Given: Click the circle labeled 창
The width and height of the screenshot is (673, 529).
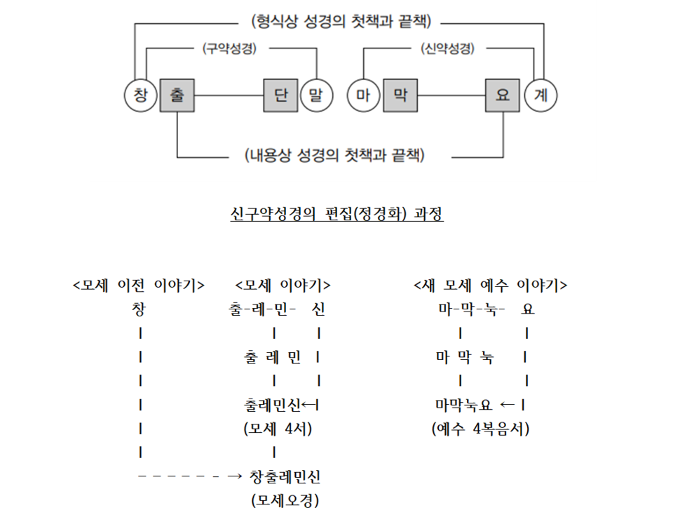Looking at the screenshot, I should click(141, 95).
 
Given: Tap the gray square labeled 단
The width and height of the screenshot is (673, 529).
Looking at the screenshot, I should click(281, 95).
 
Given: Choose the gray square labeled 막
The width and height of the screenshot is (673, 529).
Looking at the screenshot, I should click(400, 95).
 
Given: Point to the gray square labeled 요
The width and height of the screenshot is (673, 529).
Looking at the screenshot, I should click(503, 95).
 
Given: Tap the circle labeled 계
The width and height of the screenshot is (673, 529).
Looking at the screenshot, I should click(540, 95).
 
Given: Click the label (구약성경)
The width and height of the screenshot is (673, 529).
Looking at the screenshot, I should click(229, 49).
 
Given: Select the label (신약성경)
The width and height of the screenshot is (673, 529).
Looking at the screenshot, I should click(447, 49).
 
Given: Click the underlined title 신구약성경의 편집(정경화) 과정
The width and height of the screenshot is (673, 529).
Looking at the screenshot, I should click(336, 214).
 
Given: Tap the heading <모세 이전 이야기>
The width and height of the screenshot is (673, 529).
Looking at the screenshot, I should click(139, 285).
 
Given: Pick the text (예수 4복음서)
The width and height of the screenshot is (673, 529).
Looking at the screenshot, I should click(480, 429).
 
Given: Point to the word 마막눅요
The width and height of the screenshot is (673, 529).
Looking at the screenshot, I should click(465, 405).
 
